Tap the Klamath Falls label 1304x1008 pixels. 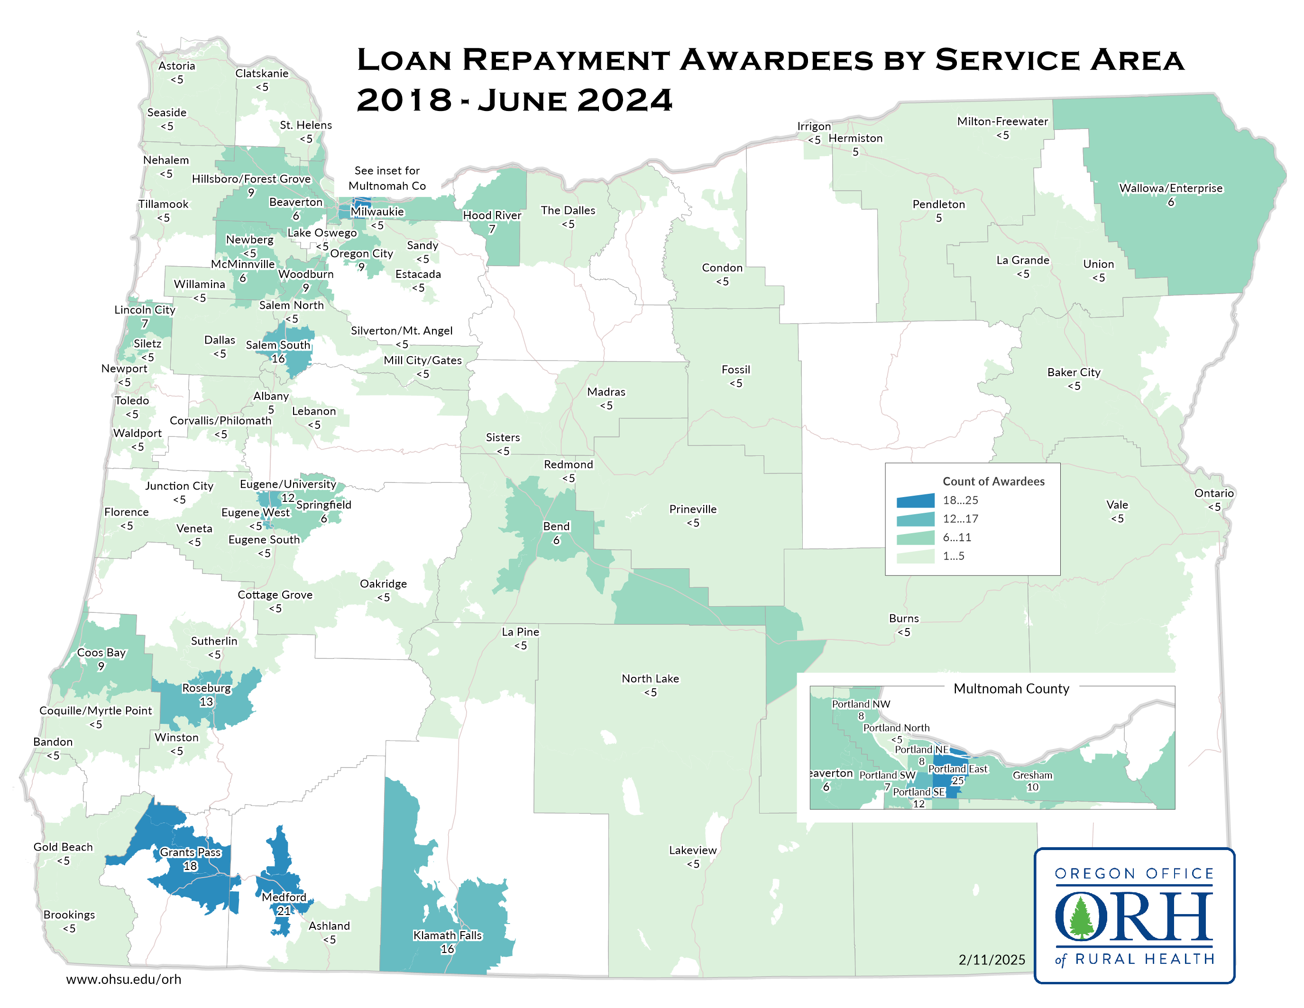(x=447, y=935)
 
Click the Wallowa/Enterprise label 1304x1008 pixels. (x=1170, y=188)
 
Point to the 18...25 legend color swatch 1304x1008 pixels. (x=915, y=500)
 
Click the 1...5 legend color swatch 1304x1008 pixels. (x=915, y=556)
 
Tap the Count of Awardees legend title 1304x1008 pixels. (x=993, y=481)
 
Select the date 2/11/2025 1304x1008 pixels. (x=991, y=960)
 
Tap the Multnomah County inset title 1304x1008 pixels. (x=1011, y=688)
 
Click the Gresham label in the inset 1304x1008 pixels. (x=1032, y=775)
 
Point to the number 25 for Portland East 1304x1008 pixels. (x=957, y=780)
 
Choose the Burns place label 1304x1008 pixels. (x=903, y=618)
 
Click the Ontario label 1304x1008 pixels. (x=1213, y=493)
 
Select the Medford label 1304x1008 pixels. (x=284, y=897)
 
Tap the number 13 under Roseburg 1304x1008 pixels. (x=206, y=702)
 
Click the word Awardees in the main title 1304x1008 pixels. (x=776, y=60)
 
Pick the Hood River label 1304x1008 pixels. (x=492, y=215)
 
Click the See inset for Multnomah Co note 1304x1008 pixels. (x=387, y=178)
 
